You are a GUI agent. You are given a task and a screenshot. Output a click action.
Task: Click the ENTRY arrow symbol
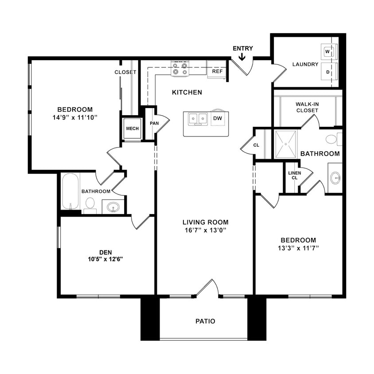click(x=242, y=57)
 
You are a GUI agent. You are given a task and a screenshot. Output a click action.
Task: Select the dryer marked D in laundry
click(x=328, y=71)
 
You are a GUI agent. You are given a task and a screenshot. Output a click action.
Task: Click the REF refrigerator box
click(x=217, y=71)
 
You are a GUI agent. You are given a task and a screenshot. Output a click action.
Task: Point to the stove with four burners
click(x=180, y=69)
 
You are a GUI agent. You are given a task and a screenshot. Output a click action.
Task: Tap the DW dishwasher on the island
click(x=218, y=118)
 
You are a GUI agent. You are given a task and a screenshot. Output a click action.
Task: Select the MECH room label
click(x=132, y=129)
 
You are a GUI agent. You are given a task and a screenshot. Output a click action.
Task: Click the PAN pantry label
click(x=154, y=123)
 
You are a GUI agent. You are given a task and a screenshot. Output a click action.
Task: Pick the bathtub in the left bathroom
click(x=70, y=191)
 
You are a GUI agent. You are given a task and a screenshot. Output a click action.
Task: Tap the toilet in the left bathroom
click(x=90, y=203)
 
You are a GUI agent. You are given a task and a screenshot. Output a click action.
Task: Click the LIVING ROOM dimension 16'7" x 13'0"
click(x=205, y=230)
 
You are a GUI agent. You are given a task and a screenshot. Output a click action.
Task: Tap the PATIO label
click(x=206, y=321)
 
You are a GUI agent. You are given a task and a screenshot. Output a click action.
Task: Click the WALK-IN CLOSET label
click(x=308, y=107)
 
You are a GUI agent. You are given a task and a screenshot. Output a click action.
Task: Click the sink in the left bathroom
click(x=113, y=206)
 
